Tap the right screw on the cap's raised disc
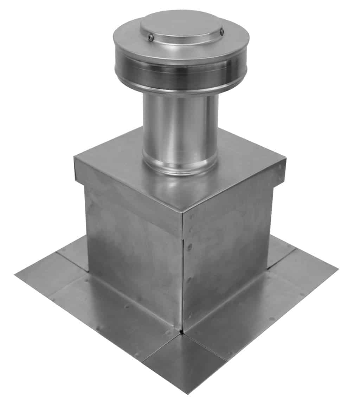(x=222, y=32)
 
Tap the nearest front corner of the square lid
(x=182, y=212)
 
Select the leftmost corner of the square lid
(x=75, y=158)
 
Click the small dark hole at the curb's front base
(x=181, y=331)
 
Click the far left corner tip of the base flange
(x=16, y=275)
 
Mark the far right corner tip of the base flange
(x=337, y=269)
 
